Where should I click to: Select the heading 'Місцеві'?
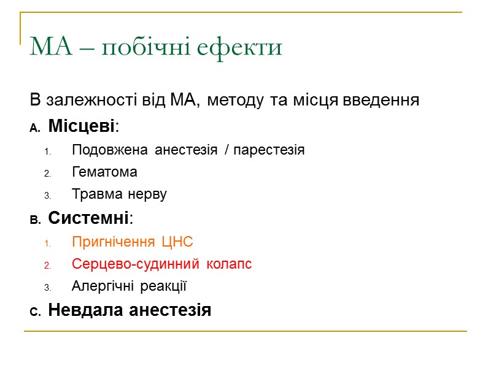coord(82,126)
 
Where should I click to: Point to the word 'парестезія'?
coord(269,150)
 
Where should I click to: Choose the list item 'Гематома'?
coord(104,172)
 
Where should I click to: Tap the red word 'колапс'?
coord(228,264)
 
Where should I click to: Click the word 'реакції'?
coord(164,286)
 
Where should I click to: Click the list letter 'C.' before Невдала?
coord(36,312)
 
